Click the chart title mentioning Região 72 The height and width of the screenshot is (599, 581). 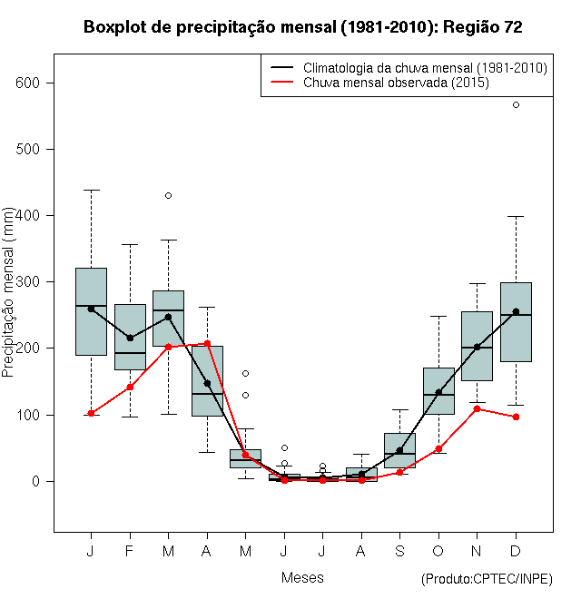click(302, 27)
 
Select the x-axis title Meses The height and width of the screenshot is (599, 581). click(302, 577)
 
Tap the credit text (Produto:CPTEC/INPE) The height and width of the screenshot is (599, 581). click(487, 579)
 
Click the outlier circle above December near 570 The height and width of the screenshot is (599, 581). click(516, 104)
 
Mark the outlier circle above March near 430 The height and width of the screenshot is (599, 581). click(168, 195)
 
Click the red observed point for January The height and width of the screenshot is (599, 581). click(91, 413)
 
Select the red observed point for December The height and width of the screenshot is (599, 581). click(516, 417)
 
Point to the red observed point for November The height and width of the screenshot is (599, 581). click(477, 408)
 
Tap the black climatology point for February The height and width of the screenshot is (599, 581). click(130, 338)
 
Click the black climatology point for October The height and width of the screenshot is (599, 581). click(438, 392)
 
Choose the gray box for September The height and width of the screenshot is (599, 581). click(399, 450)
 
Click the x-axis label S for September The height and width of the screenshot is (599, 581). click(399, 551)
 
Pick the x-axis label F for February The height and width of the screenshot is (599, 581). click(130, 551)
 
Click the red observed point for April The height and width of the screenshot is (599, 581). click(207, 343)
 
